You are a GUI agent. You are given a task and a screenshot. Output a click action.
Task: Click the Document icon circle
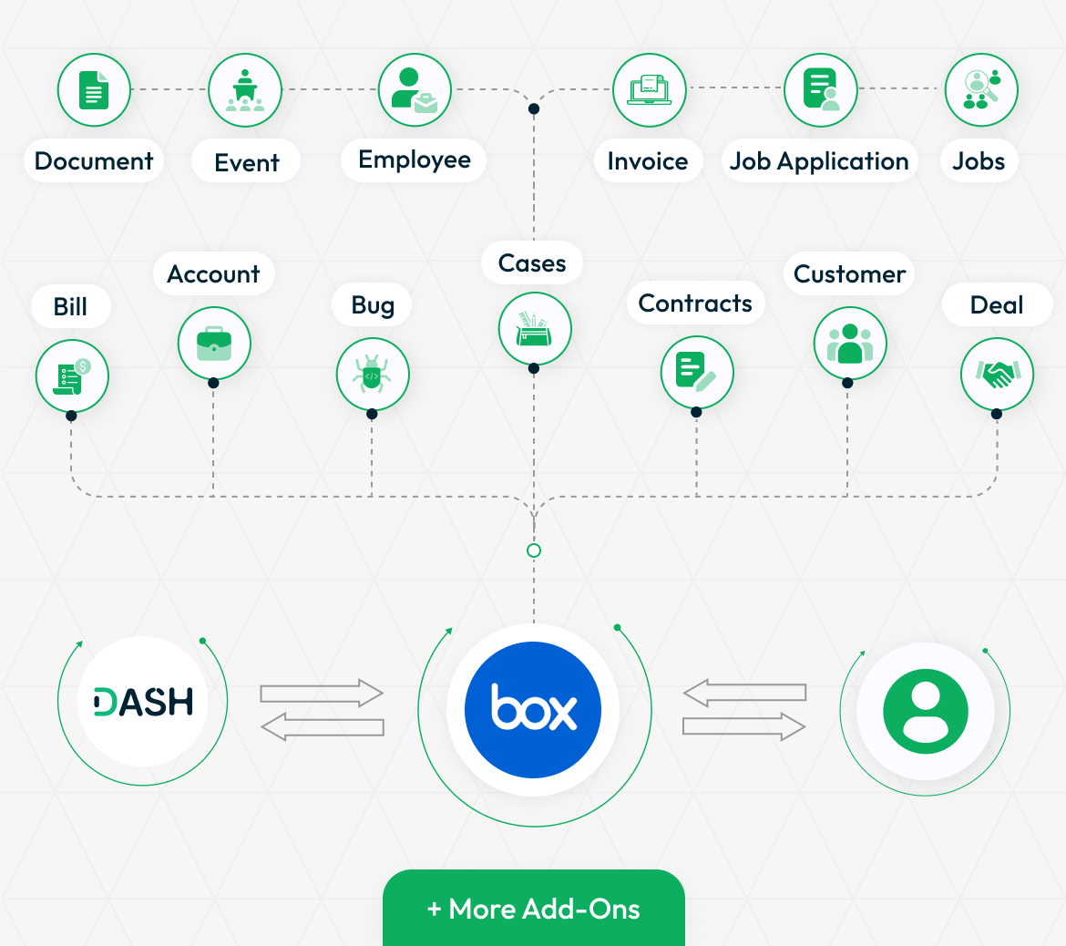point(94,90)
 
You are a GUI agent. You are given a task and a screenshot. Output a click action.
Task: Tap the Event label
point(246,162)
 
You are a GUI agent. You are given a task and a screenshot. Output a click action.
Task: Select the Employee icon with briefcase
point(415,90)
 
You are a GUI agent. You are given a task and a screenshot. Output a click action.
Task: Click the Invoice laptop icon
point(650,90)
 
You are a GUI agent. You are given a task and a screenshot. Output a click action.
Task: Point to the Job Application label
point(819,161)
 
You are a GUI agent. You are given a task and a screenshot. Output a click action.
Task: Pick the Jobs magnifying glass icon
point(981,90)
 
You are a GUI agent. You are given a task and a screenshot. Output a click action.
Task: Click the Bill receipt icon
point(72,376)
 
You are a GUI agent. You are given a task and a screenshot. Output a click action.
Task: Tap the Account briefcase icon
point(214,344)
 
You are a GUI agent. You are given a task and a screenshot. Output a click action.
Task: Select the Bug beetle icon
point(373,375)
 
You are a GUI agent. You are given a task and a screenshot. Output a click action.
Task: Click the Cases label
point(532,262)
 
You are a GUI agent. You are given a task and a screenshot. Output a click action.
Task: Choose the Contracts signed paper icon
point(697,372)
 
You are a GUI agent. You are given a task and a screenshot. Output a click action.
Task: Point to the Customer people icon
point(850,344)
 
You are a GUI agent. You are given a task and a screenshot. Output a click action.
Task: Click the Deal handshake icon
point(997,374)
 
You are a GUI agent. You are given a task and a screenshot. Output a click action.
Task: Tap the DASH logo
point(143,701)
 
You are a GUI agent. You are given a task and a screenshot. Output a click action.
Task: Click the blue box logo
point(533,709)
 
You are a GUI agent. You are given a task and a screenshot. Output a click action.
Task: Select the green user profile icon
point(926,711)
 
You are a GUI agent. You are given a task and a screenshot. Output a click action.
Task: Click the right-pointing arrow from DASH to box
point(322,693)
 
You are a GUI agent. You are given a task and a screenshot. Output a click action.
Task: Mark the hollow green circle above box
point(534,550)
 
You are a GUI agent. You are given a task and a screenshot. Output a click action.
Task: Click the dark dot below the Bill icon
point(71,416)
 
